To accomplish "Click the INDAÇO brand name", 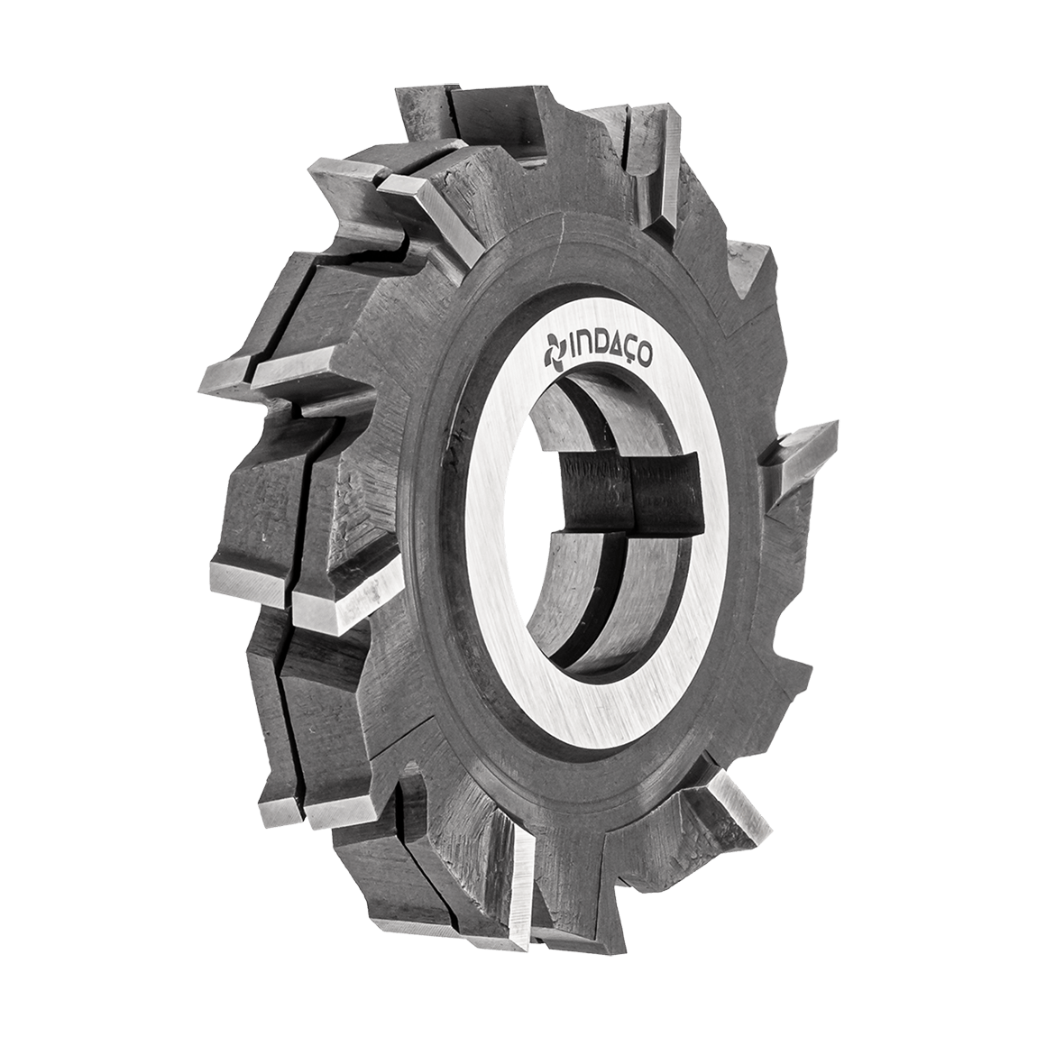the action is point(598,351).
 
